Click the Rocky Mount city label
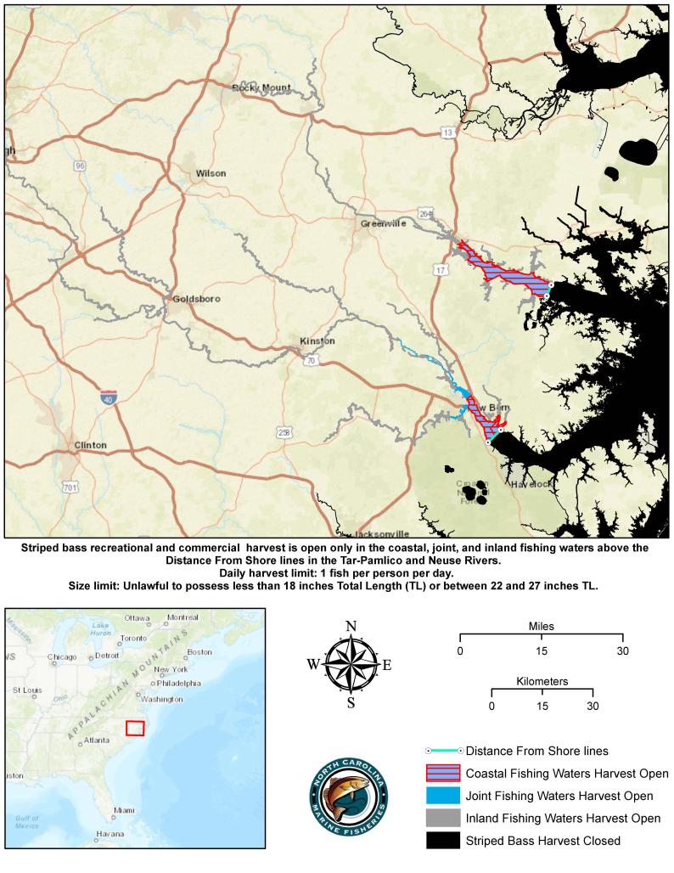(x=261, y=87)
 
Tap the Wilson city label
(x=211, y=173)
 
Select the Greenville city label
(x=384, y=223)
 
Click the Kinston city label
(x=317, y=341)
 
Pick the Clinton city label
(x=91, y=445)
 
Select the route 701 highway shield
(x=70, y=487)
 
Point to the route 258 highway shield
(x=284, y=432)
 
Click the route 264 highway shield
(x=425, y=214)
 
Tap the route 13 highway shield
(x=447, y=133)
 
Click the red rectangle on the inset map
(x=135, y=729)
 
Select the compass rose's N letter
(x=351, y=628)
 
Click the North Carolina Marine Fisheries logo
(x=349, y=795)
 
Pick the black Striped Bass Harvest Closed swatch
(x=442, y=841)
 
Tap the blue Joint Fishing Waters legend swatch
(x=442, y=796)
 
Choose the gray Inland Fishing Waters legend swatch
(x=442, y=819)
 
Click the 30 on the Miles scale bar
(x=623, y=651)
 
